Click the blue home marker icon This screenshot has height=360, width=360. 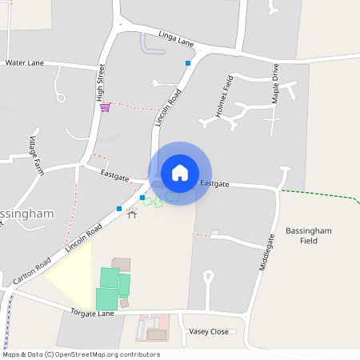click(x=180, y=173)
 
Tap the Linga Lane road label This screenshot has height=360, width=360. click(x=177, y=41)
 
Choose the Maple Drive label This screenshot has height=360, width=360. click(x=275, y=83)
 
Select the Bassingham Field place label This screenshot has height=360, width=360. click(x=307, y=235)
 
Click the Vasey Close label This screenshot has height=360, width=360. click(x=208, y=331)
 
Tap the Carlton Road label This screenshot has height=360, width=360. click(x=32, y=272)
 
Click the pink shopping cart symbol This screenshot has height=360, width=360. click(x=105, y=107)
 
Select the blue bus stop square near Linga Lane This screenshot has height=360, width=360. click(x=188, y=62)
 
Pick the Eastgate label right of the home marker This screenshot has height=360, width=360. click(x=214, y=184)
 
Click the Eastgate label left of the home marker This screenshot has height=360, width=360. click(x=114, y=172)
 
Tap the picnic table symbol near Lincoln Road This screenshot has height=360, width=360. click(x=132, y=214)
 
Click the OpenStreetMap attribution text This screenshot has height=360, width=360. click(x=81, y=354)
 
